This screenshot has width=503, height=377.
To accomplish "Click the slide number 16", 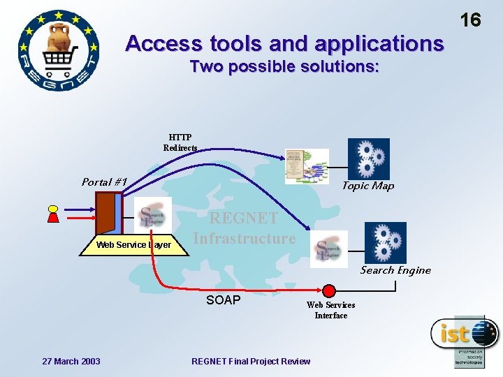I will pyautogui.click(x=471, y=20).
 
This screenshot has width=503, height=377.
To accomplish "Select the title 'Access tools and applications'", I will pyautogui.click(x=284, y=44).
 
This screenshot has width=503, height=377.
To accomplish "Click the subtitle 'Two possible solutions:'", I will pyautogui.click(x=284, y=67).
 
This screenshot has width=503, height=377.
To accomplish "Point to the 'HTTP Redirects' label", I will pyautogui.click(x=180, y=142).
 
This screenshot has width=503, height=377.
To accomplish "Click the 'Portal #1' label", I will pyautogui.click(x=104, y=182).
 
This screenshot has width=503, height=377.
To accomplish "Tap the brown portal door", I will pyautogui.click(x=106, y=213).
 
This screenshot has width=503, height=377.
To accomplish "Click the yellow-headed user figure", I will pyautogui.click(x=52, y=214).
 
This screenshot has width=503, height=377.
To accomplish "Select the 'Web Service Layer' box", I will pyautogui.click(x=133, y=244).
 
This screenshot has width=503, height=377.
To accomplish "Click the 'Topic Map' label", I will pyautogui.click(x=367, y=186).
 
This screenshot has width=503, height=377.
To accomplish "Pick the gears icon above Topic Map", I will pyautogui.click(x=368, y=158).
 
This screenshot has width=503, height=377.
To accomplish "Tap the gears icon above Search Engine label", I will pyautogui.click(x=385, y=242).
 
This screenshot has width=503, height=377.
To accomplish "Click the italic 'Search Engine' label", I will pyautogui.click(x=395, y=270).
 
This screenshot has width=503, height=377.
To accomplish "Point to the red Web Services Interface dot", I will pyautogui.click(x=328, y=290).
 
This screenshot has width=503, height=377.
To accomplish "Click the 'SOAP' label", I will pyautogui.click(x=223, y=300).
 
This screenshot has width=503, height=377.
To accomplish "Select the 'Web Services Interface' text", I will pyautogui.click(x=330, y=310).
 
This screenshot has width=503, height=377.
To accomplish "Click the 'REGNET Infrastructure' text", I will pyautogui.click(x=245, y=228).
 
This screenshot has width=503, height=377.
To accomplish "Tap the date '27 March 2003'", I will pyautogui.click(x=71, y=361).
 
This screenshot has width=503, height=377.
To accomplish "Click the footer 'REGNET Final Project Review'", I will pyautogui.click(x=251, y=361).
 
